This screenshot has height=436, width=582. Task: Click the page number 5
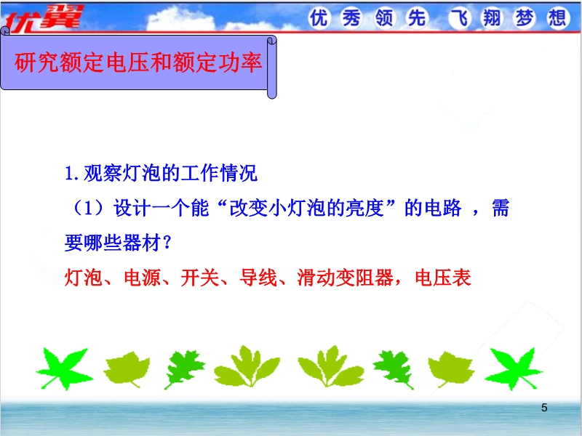point(544,408)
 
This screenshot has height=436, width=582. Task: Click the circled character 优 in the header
point(319,17)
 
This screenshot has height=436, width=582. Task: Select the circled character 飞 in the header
point(460,17)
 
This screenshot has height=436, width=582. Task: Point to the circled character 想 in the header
point(557,17)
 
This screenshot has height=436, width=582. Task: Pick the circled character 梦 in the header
point(525,17)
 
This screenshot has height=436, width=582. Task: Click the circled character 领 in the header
point(384,17)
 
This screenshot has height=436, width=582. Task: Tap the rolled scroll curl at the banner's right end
point(272,67)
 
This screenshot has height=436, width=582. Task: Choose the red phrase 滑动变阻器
point(345,278)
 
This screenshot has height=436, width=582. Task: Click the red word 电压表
point(443,278)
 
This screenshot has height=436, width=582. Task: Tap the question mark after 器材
point(167,243)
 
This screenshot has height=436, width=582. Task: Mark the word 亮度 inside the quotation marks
point(365,208)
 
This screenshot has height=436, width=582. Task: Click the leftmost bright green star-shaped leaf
point(64,368)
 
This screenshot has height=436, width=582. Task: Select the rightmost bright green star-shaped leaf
point(514,368)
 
